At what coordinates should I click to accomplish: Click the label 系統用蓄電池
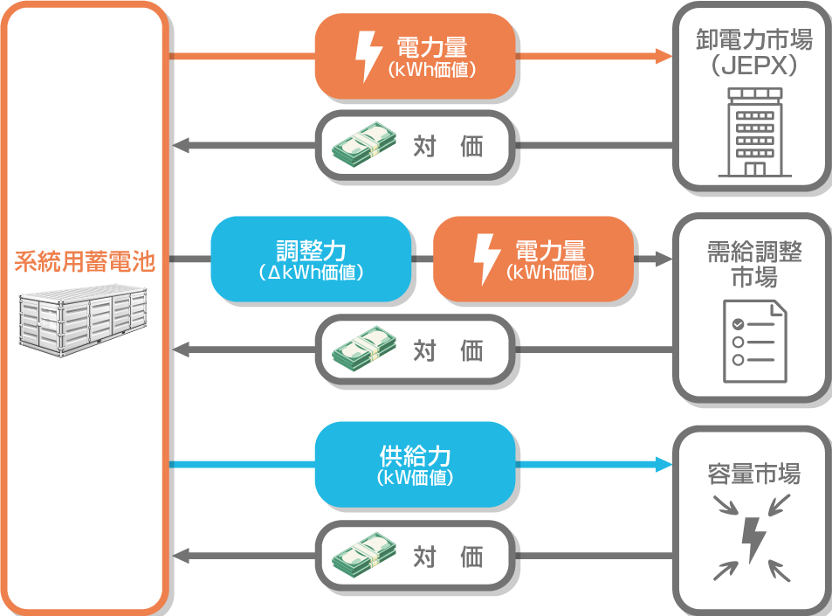tap(84, 260)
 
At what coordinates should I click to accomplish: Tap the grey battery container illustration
tap(85, 318)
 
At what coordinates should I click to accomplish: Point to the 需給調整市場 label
tap(753, 265)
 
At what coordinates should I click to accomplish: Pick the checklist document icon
tap(753, 341)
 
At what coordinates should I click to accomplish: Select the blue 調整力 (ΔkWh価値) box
tap(312, 260)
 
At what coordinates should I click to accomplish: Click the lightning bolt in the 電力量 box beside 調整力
tap(483, 260)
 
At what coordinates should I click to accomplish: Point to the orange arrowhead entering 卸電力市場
tap(665, 57)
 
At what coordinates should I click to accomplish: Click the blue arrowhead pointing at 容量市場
tap(665, 465)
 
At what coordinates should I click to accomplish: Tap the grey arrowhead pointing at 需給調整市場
tap(665, 260)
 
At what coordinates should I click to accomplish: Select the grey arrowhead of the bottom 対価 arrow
tap(180, 556)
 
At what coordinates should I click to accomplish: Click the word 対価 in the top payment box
tap(447, 146)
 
